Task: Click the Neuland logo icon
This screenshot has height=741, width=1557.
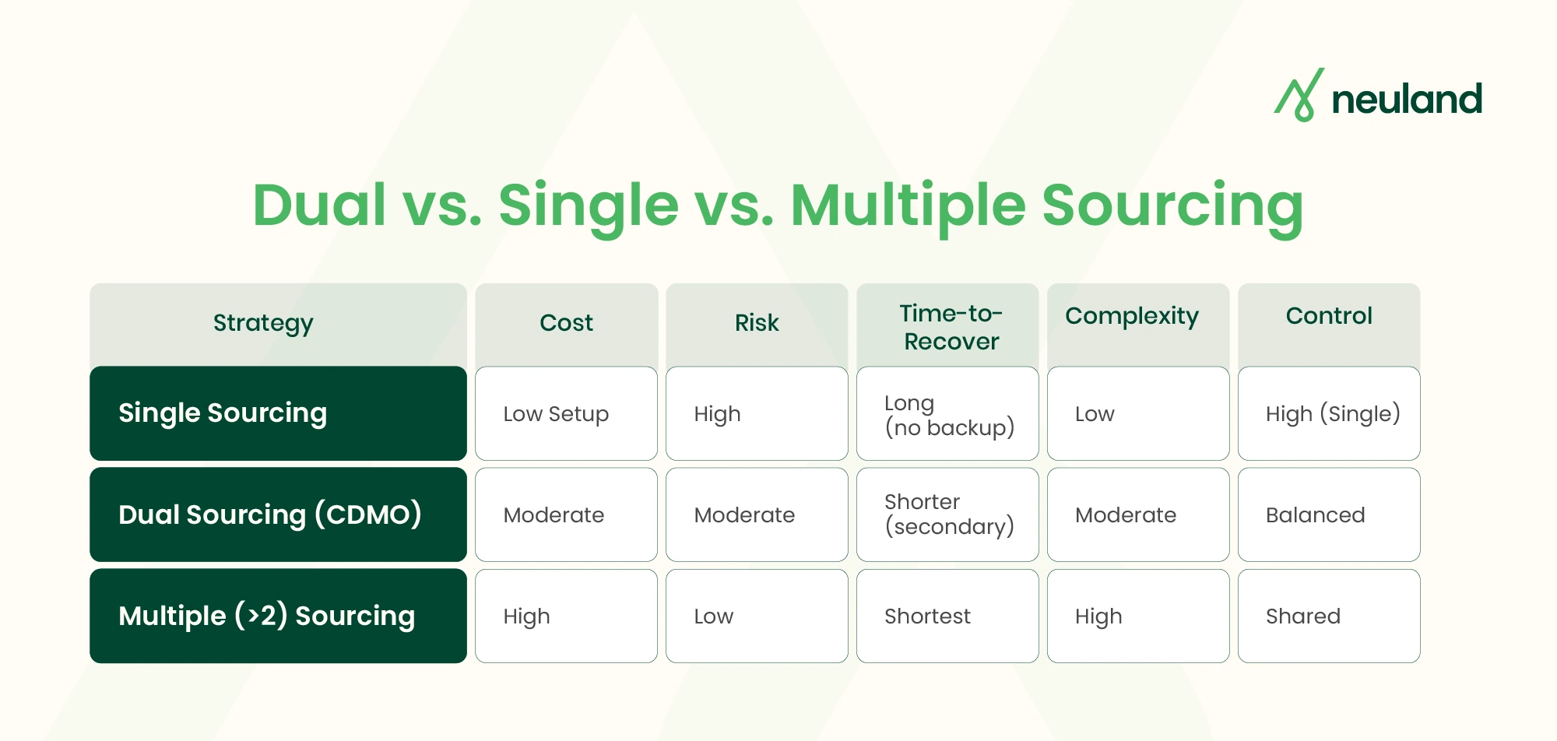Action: tap(1299, 95)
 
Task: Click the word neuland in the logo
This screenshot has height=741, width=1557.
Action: tap(1406, 100)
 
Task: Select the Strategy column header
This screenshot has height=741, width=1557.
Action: tap(263, 323)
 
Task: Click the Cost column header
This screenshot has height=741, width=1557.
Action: tap(566, 323)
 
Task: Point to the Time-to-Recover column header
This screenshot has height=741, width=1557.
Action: tap(951, 327)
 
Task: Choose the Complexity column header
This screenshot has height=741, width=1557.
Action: tap(1132, 317)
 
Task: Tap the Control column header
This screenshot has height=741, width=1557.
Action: tap(1328, 316)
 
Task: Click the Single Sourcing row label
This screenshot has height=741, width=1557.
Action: tap(223, 413)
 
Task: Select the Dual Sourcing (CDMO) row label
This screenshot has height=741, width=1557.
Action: tap(269, 514)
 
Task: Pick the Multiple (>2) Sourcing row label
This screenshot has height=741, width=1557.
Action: tap(266, 616)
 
